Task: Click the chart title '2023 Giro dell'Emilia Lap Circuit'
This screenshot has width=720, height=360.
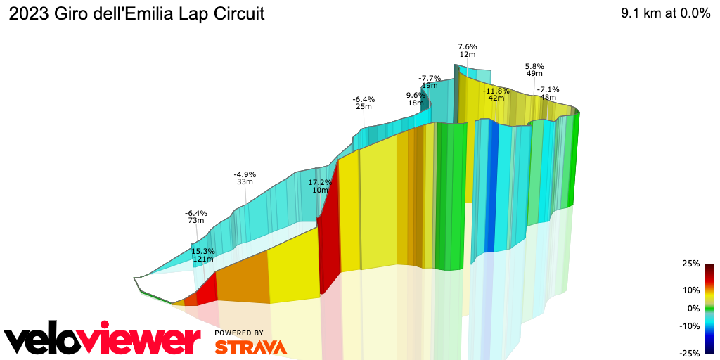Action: [136, 14]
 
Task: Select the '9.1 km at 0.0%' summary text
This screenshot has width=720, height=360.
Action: [665, 14]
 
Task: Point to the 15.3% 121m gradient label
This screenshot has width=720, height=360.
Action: [202, 255]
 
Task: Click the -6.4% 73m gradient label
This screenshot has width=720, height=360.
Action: [196, 217]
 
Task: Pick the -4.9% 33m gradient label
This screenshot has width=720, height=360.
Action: [245, 178]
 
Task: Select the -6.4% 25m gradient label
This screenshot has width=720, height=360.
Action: [364, 103]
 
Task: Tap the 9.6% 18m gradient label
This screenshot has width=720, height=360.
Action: [416, 99]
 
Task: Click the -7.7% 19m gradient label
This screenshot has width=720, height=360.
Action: [429, 82]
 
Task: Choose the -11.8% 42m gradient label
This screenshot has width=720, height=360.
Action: [496, 94]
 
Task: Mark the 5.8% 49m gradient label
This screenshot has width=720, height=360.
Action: [534, 70]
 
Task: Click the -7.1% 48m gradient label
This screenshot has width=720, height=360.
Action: [548, 93]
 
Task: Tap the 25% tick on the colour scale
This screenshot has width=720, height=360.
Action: [691, 264]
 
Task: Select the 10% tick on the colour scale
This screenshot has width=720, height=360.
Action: [691, 290]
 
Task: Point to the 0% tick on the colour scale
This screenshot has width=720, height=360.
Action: [693, 308]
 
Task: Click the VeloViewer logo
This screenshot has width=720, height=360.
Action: [102, 340]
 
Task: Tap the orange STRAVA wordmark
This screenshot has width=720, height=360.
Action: [250, 347]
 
